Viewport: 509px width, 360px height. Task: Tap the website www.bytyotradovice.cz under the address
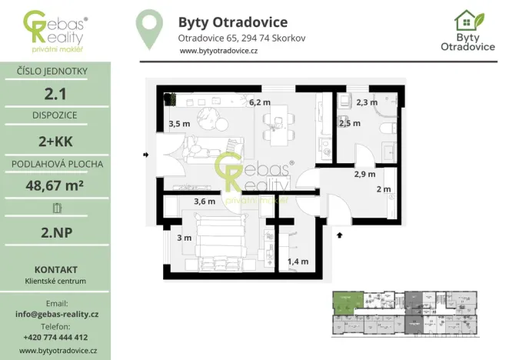pos(218,51)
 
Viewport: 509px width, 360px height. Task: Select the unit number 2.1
pos(55,94)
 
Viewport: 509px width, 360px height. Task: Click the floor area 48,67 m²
pos(55,185)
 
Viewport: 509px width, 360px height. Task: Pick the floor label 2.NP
pos(55,230)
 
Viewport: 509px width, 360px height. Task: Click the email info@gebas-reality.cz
pos(55,315)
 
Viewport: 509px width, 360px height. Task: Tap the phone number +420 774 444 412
pos(55,337)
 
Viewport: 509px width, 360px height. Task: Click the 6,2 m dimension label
pos(260,102)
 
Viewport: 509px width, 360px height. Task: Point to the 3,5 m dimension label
pos(179,124)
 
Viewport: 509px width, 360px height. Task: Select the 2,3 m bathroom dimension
pos(367,102)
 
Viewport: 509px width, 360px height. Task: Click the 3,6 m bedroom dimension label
pos(204,202)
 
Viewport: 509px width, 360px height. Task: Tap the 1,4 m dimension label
pos(298,262)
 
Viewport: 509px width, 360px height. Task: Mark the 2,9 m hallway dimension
pos(364,174)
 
